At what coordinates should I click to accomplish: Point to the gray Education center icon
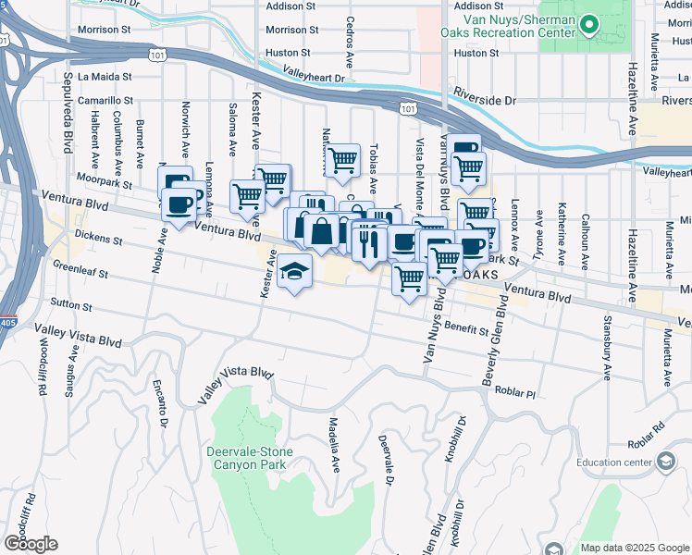click(x=664, y=462)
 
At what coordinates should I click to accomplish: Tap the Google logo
click(x=31, y=543)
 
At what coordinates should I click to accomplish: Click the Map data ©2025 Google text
click(x=635, y=548)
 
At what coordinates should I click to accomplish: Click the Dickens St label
click(x=98, y=239)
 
